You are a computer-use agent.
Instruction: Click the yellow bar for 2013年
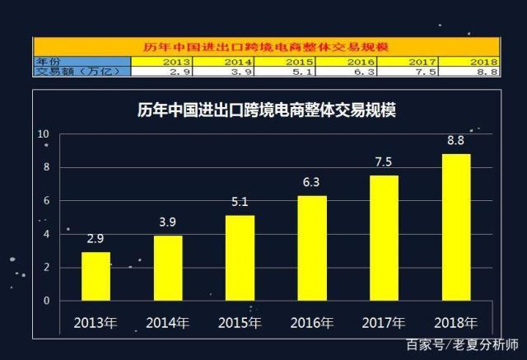pos(96,276)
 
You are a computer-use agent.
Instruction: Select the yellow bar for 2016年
pos(312,248)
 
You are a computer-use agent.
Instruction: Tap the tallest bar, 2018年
pos(456,227)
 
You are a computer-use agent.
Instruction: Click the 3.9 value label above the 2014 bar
pos(168,221)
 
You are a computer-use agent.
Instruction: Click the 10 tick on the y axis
pos(44,133)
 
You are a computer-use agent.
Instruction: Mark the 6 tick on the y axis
pos(47,200)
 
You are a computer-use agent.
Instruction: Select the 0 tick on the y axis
pos(47,301)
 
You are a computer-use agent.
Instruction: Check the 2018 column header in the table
pos(483,62)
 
